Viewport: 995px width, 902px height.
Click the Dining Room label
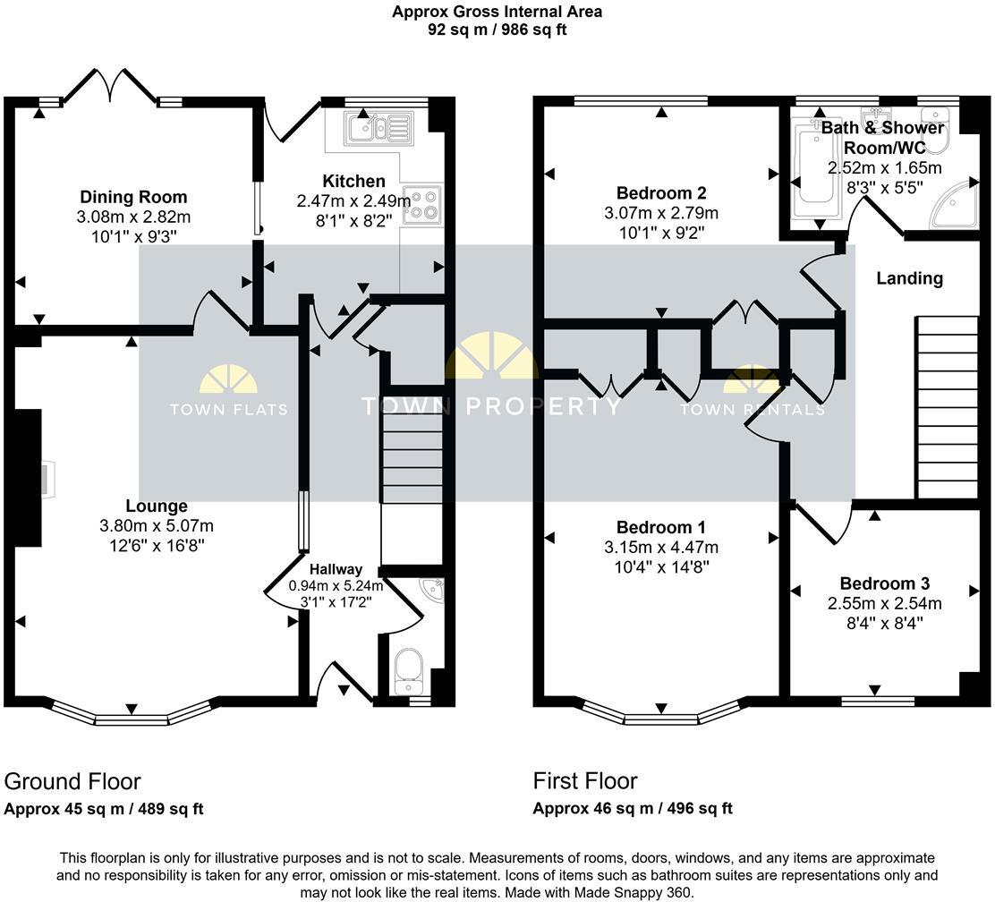click(133, 197)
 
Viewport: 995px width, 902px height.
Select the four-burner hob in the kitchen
click(422, 203)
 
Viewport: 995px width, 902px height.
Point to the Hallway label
click(336, 569)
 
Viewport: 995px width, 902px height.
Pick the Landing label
click(909, 278)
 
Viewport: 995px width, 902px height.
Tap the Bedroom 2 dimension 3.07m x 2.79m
click(661, 213)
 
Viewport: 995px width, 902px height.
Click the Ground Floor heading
click(72, 781)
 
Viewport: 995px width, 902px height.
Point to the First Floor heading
click(585, 781)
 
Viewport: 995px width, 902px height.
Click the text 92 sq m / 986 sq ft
click(497, 30)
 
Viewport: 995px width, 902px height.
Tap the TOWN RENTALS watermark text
click(752, 410)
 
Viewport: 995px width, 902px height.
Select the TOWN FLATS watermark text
click(228, 410)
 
